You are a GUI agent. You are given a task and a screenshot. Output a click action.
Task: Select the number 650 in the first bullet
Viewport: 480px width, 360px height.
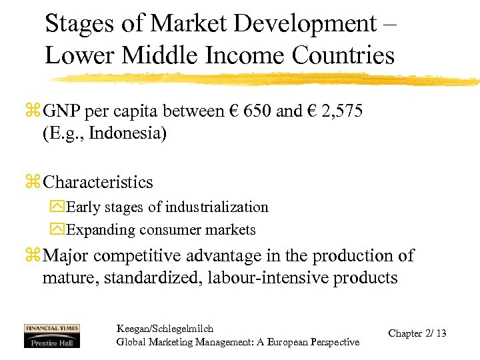point(258,111)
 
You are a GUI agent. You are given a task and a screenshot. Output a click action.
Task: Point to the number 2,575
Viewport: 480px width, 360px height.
point(340,111)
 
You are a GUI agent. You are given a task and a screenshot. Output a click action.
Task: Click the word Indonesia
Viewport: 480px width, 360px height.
point(127,133)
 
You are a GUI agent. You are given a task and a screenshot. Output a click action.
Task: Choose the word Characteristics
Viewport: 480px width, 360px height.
point(97,183)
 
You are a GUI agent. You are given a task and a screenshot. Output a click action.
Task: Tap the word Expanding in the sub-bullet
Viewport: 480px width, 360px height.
point(98,231)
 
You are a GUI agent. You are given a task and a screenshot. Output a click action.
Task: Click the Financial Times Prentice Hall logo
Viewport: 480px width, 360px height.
point(51,335)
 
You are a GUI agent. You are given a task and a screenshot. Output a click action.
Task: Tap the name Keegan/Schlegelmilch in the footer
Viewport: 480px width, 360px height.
point(165,329)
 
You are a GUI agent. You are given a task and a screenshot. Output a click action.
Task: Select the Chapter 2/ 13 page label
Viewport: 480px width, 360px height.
point(417,333)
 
